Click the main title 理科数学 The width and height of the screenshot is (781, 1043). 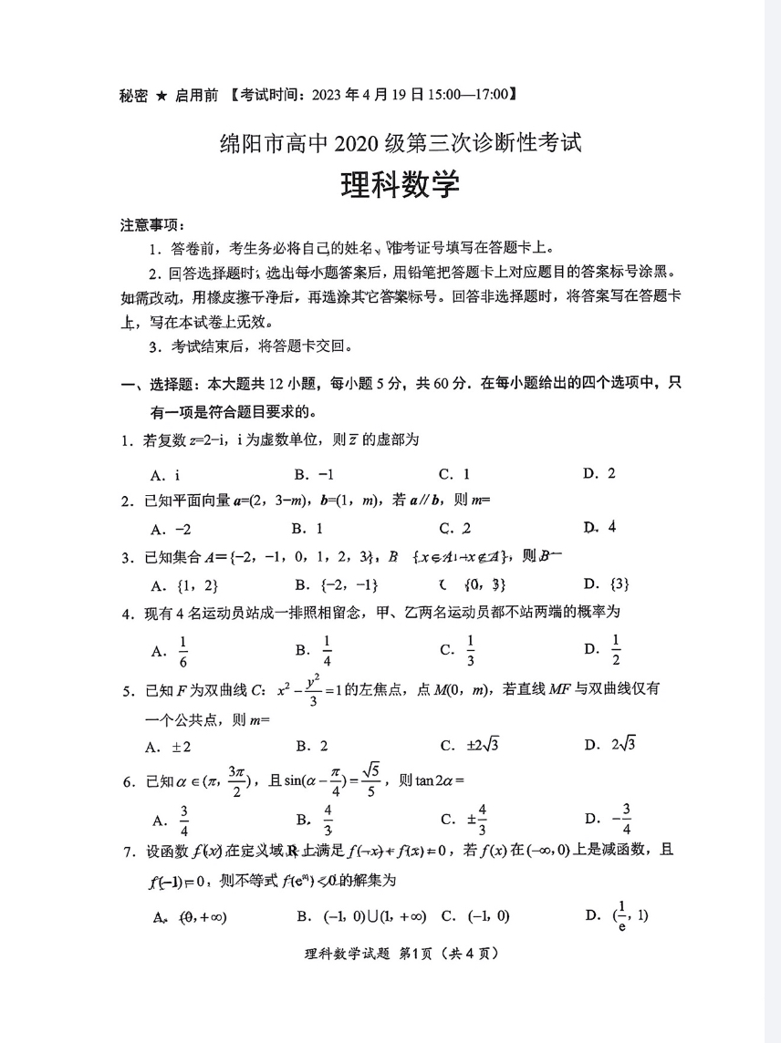click(x=400, y=186)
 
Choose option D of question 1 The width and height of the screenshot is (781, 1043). click(x=600, y=473)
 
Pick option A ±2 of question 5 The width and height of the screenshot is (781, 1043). click(x=168, y=747)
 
